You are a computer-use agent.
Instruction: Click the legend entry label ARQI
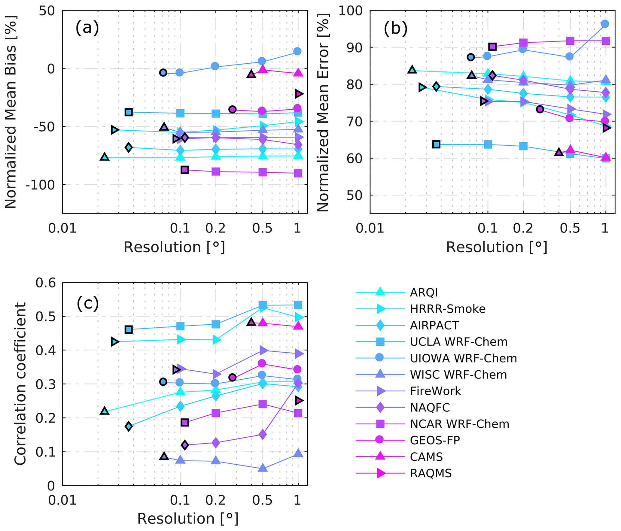click(424, 293)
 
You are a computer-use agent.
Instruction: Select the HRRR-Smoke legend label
click(447, 309)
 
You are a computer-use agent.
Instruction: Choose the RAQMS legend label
click(431, 474)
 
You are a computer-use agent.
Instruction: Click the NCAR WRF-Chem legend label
click(459, 424)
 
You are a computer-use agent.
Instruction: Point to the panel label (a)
click(87, 28)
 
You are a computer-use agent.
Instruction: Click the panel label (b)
click(395, 29)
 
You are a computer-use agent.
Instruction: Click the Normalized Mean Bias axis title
click(11, 112)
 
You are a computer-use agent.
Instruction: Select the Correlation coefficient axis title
click(20, 384)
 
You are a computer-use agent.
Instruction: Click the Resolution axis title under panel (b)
click(496, 247)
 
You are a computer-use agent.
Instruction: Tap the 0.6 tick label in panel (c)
click(46, 283)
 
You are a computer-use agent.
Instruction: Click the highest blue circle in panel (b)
click(605, 24)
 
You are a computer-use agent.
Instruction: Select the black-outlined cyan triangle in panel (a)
click(105, 157)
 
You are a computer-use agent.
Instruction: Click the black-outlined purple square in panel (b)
click(492, 47)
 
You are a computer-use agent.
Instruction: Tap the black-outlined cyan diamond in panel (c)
click(129, 426)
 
